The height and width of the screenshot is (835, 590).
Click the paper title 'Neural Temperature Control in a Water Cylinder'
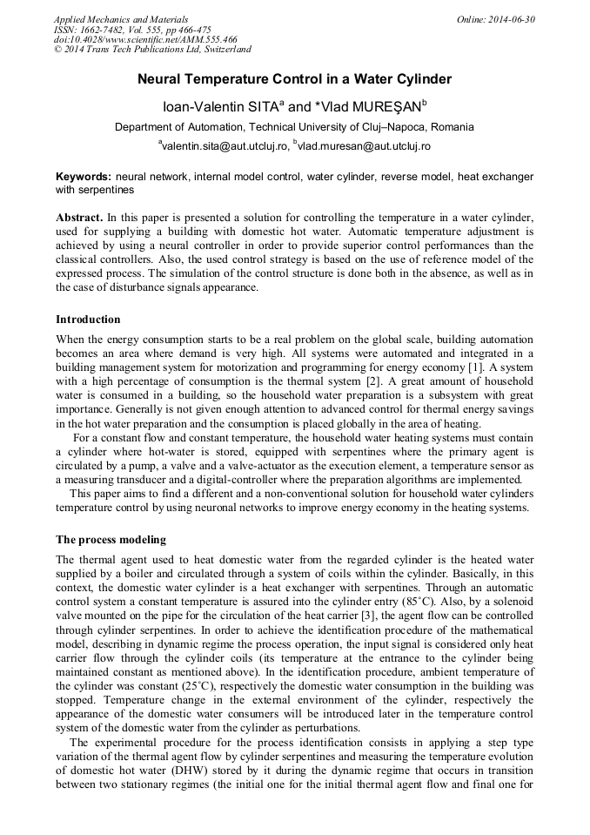coord(294,79)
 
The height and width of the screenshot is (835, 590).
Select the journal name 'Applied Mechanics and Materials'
coord(121,19)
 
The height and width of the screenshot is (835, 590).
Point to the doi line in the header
coord(145,40)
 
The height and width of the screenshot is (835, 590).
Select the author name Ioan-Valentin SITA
coord(224,106)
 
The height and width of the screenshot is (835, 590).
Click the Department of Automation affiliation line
coord(294,127)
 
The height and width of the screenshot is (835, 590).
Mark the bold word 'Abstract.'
coord(79,215)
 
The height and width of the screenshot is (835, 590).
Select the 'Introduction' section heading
coord(88,320)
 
